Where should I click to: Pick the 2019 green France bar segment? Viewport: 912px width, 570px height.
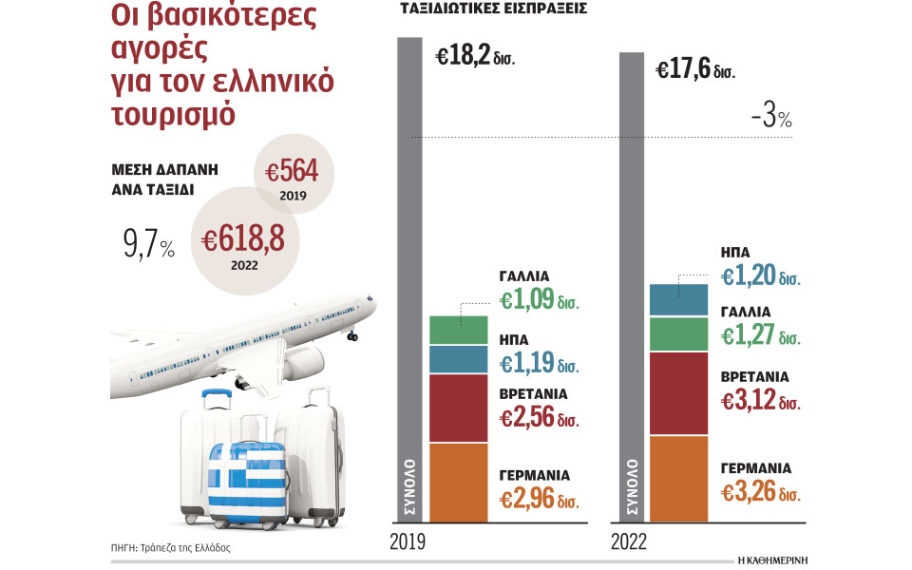click(x=458, y=330)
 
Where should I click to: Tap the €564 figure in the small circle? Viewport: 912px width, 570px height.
click(x=293, y=172)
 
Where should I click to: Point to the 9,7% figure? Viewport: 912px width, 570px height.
click(x=148, y=248)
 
